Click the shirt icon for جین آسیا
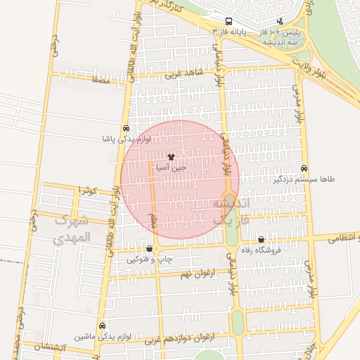[x=172, y=158]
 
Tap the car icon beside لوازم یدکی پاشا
[x=125, y=129]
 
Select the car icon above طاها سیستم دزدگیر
[x=304, y=169]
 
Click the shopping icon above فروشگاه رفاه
[x=262, y=240]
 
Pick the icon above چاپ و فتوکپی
[x=149, y=249]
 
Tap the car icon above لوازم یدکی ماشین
[x=103, y=326]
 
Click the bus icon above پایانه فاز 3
[x=229, y=22]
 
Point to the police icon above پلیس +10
[x=281, y=22]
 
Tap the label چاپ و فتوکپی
[x=148, y=260]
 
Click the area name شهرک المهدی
[x=72, y=229]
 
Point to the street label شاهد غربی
[x=184, y=74]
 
